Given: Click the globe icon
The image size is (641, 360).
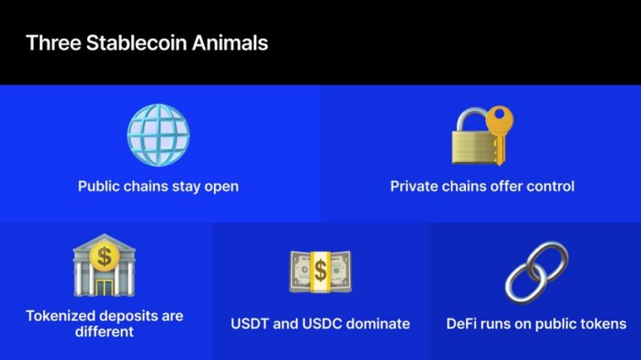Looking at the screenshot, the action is [x=158, y=135].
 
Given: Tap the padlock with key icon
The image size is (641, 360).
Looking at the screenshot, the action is [x=482, y=135].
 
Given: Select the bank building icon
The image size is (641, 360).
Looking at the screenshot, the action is [x=104, y=265].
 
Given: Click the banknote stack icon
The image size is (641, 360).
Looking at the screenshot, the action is [x=320, y=272].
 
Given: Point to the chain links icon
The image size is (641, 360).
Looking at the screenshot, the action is [x=536, y=273].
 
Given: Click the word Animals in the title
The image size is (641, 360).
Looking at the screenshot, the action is [x=230, y=43].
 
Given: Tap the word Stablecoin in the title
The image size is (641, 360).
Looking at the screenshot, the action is [x=136, y=43].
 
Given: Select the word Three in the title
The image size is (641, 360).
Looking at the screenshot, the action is [x=53, y=43].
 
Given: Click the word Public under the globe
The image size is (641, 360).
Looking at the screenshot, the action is [x=99, y=186].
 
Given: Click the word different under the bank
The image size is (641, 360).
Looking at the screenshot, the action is [x=104, y=331].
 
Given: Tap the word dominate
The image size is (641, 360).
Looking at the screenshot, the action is [x=378, y=324].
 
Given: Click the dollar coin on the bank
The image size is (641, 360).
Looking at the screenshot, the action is [x=104, y=257].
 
